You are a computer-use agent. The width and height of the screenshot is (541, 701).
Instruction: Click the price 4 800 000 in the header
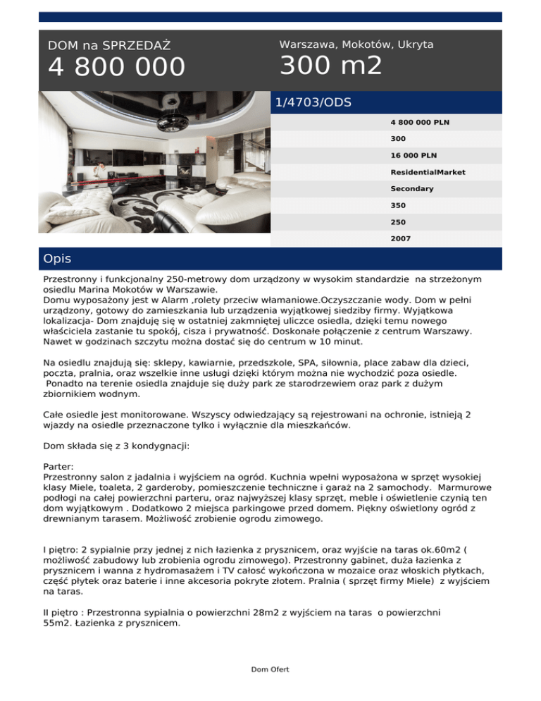(116, 68)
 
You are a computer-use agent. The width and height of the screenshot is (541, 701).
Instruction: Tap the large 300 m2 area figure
(330, 66)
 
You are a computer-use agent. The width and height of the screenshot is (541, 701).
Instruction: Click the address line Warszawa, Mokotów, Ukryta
(356, 44)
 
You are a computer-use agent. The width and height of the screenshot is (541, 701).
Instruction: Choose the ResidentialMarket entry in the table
(428, 172)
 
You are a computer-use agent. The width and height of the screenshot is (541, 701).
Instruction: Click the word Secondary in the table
(412, 189)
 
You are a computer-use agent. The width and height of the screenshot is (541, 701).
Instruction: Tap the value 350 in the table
(398, 206)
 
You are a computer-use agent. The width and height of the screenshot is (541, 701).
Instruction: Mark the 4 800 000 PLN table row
(420, 122)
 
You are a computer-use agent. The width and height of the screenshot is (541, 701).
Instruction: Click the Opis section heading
(57, 259)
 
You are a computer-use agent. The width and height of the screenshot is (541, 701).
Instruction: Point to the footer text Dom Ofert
(270, 669)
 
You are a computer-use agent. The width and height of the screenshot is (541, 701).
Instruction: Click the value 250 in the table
(398, 222)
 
